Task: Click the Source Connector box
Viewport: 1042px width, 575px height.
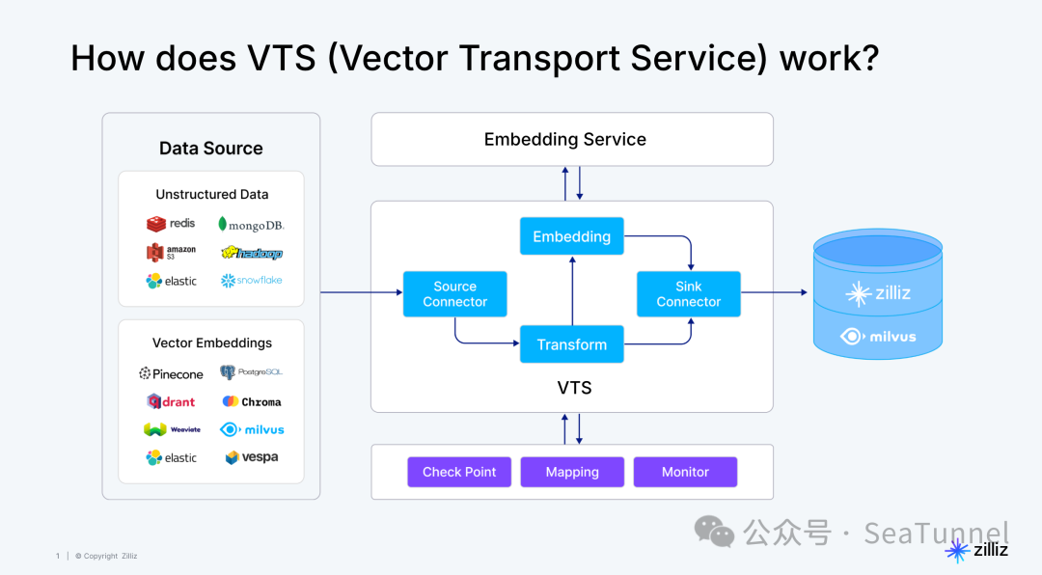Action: click(x=454, y=294)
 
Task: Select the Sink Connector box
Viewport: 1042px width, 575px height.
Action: click(x=688, y=294)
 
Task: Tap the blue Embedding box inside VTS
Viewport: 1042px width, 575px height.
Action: click(x=571, y=236)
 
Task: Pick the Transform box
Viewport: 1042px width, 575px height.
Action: click(x=571, y=344)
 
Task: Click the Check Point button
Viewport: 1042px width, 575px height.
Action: click(x=459, y=472)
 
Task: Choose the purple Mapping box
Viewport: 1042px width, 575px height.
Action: click(x=572, y=472)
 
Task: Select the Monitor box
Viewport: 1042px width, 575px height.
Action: click(x=685, y=472)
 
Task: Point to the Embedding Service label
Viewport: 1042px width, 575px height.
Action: click(x=565, y=139)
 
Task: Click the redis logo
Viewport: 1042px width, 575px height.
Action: click(x=171, y=224)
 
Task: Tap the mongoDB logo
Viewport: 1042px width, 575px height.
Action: click(x=251, y=225)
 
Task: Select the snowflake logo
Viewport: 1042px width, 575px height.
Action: click(x=251, y=281)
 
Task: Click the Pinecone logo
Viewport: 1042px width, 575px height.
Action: click(x=171, y=373)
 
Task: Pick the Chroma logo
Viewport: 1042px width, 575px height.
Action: click(x=252, y=401)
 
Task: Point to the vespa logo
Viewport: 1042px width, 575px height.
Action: click(x=252, y=457)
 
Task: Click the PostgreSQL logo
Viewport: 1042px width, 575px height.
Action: click(x=251, y=372)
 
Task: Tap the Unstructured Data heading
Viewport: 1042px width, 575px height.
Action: click(x=211, y=194)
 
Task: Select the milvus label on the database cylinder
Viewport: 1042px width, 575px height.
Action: click(x=878, y=337)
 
